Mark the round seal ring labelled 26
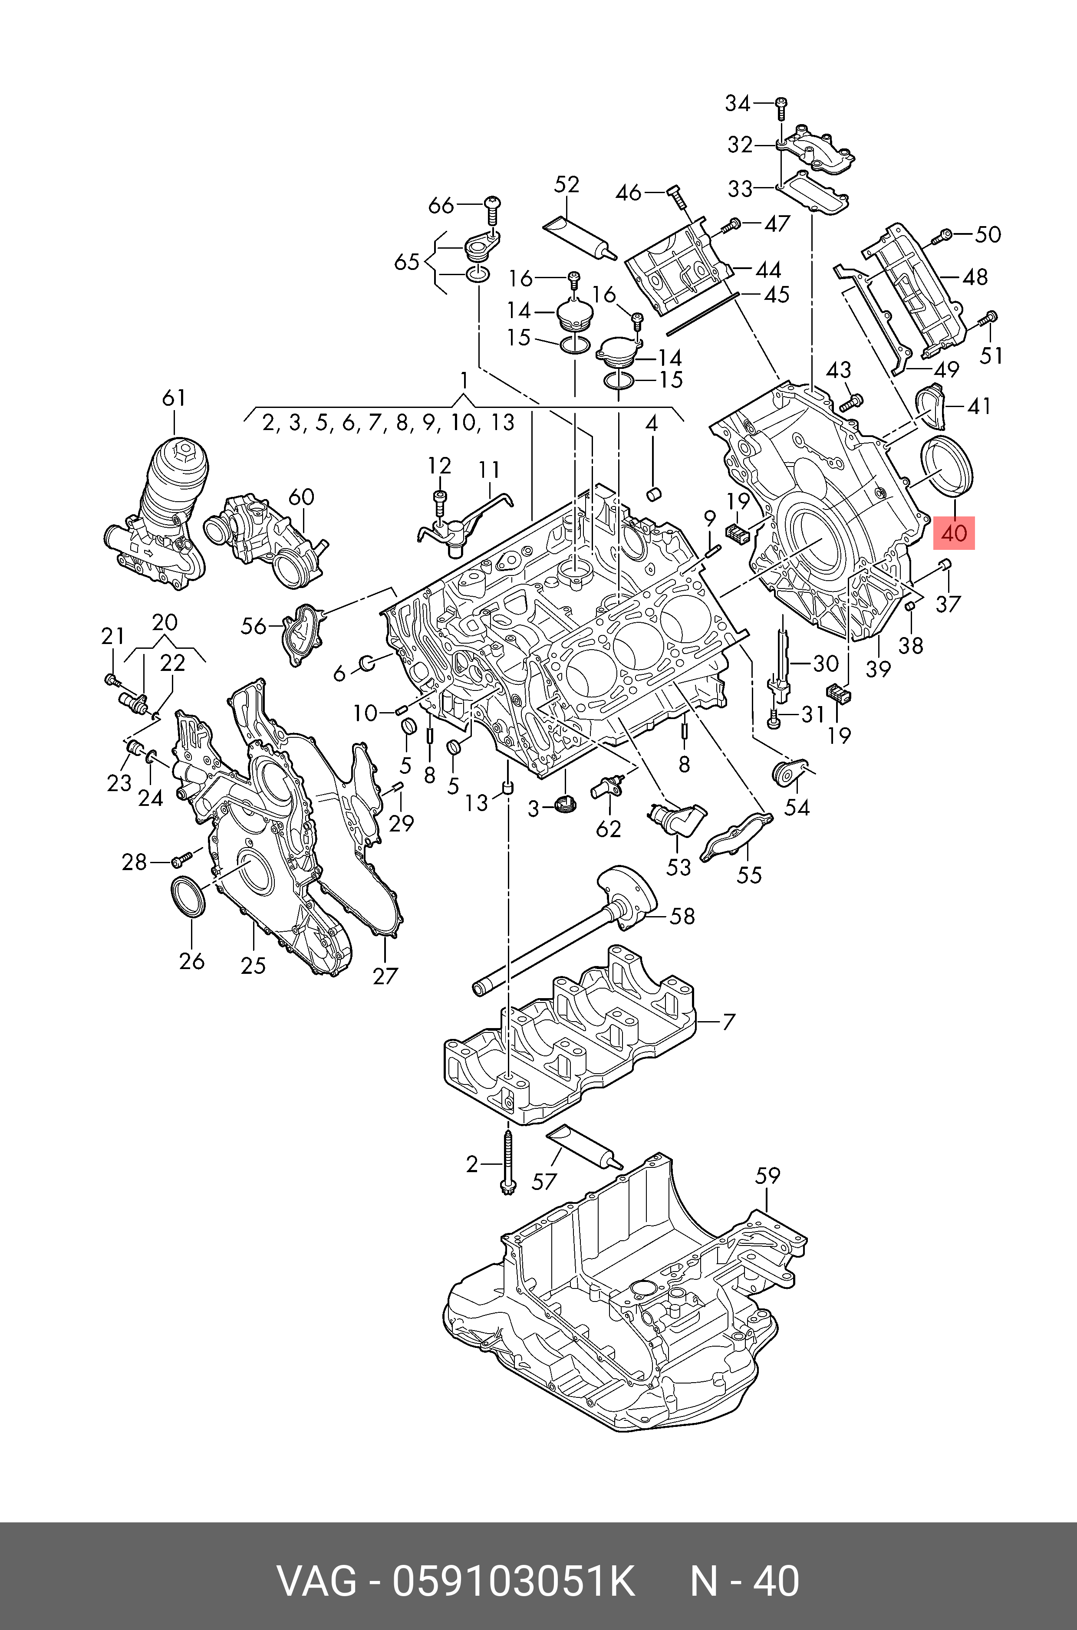(x=188, y=896)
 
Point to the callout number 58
(x=682, y=916)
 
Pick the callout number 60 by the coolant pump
(x=301, y=496)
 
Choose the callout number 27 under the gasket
(x=385, y=975)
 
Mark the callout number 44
(x=768, y=270)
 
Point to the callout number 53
(x=678, y=867)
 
